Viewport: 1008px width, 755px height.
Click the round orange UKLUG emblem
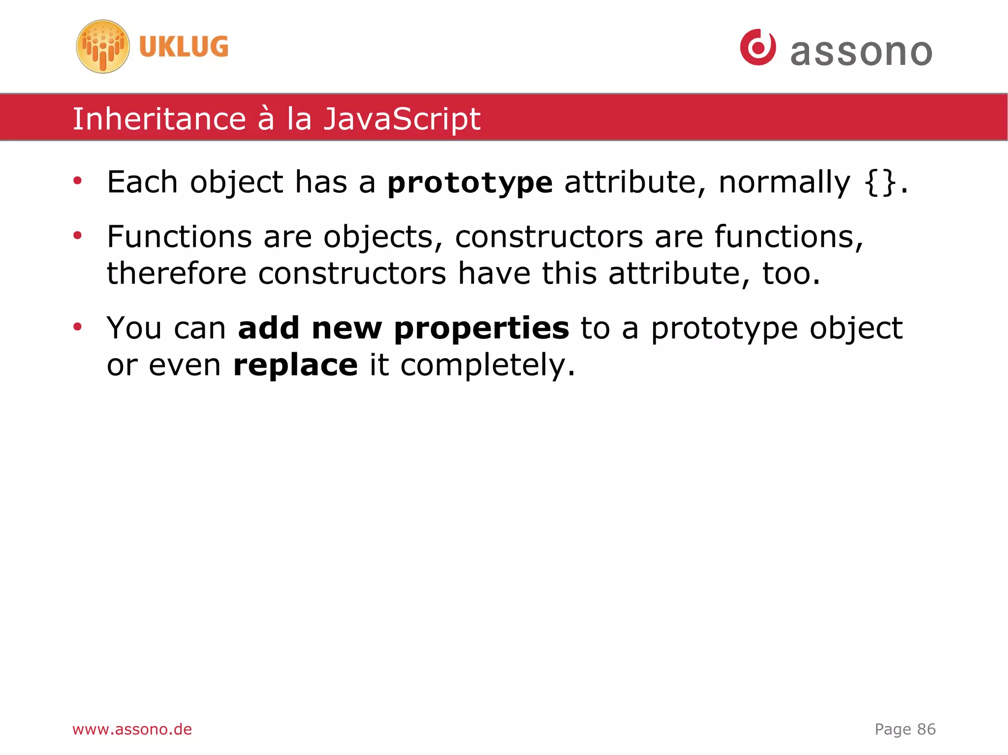pos(103,47)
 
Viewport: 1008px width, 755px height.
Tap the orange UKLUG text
pos(184,47)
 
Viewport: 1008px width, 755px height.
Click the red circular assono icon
pos(758,47)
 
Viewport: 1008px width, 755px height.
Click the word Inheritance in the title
pos(159,119)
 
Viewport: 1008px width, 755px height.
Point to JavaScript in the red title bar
pos(401,119)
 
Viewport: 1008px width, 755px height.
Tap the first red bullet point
pos(77,181)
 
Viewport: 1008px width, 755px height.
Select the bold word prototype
pos(470,183)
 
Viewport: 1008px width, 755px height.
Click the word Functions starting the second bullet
pos(179,237)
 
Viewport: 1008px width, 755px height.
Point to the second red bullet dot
pos(77,236)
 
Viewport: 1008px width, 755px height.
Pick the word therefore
pos(176,273)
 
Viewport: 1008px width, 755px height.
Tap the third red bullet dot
pos(77,327)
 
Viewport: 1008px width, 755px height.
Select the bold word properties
pos(481,329)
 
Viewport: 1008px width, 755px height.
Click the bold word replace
pos(295,365)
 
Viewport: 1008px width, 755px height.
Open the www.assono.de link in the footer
pos(132,729)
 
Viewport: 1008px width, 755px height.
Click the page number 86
pos(926,729)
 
